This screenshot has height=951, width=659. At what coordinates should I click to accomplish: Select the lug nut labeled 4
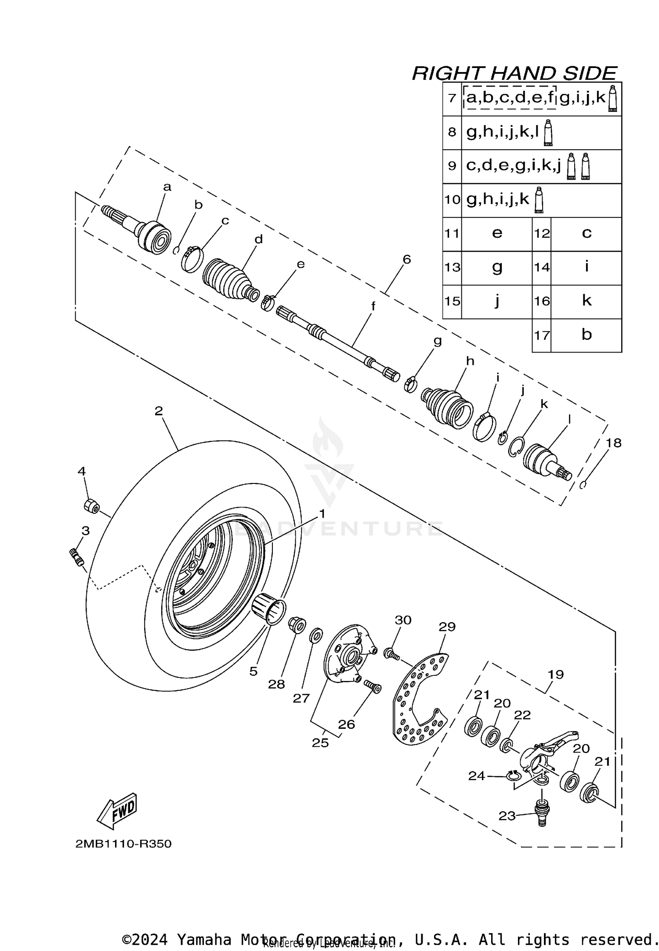[91, 505]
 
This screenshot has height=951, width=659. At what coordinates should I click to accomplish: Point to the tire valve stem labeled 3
[77, 558]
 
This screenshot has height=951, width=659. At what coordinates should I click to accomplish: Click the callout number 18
[613, 443]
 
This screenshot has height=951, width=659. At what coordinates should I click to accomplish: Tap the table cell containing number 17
[542, 335]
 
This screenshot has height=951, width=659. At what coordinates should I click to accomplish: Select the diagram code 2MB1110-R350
[123, 844]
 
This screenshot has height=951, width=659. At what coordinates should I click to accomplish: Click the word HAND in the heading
[522, 73]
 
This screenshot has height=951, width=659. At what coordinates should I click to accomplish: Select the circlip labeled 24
[513, 777]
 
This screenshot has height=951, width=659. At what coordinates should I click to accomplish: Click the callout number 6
[406, 259]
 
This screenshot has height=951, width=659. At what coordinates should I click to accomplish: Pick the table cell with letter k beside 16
[586, 301]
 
